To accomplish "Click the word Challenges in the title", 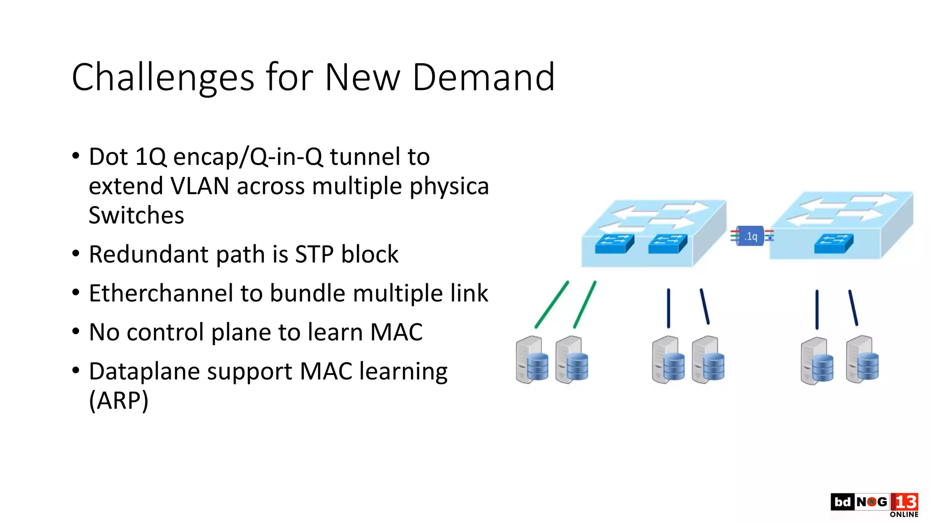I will [162, 78].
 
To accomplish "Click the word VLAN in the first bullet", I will [200, 186].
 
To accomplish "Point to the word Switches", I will [136, 215].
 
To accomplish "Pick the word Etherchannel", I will [160, 293].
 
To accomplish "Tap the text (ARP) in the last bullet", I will [119, 400].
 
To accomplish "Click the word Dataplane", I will [144, 371].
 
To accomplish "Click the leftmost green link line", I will [551, 305].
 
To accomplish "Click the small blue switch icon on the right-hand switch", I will [833, 243].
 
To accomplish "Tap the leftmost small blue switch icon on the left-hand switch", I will [614, 244].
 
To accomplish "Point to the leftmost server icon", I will [532, 360].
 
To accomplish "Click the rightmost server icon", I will [862, 360].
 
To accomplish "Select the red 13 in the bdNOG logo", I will [904, 502].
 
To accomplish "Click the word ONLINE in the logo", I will [904, 514].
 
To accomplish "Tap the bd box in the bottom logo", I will [842, 502].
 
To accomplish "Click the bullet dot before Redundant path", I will [76, 253].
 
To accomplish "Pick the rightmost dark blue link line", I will [853, 308].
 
